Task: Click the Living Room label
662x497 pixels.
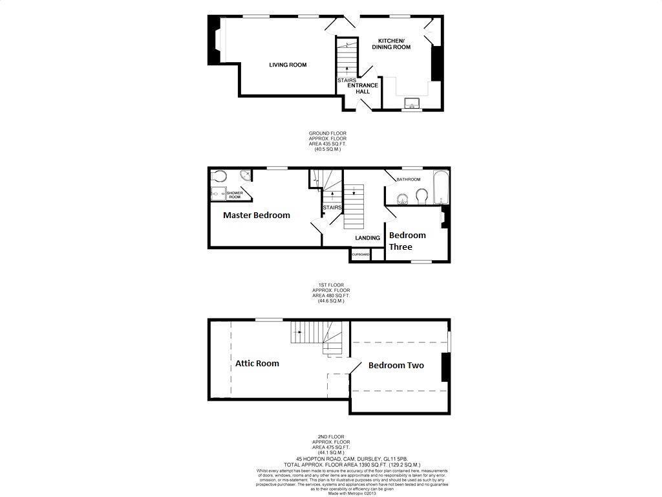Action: (x=288, y=65)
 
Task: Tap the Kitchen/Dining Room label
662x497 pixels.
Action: (x=394, y=43)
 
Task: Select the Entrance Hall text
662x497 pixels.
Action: (x=363, y=89)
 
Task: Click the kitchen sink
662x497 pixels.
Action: (x=411, y=102)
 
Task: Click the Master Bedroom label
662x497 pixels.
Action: (x=256, y=215)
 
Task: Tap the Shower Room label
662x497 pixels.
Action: (x=233, y=195)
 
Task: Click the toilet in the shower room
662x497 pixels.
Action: (x=218, y=175)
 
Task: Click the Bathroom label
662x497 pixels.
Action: (x=409, y=179)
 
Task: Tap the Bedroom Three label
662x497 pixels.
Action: (x=407, y=241)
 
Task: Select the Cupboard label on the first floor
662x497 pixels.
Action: (x=360, y=255)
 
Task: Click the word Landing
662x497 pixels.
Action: (x=367, y=238)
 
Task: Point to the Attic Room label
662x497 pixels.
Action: (x=257, y=363)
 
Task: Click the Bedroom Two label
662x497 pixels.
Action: (x=396, y=366)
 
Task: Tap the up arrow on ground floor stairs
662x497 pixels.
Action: (x=347, y=69)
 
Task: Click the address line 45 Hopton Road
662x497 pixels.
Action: (x=330, y=458)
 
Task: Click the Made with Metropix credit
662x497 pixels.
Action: (x=330, y=494)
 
